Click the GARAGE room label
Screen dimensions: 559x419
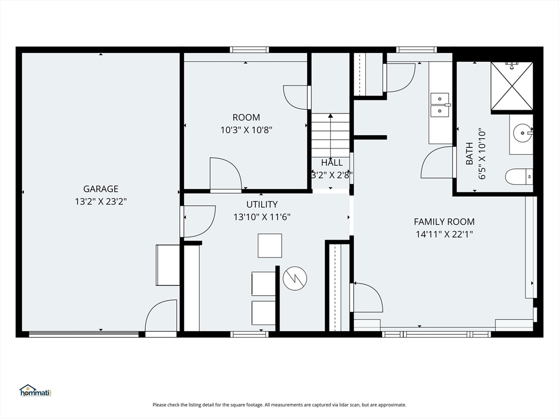pyautogui.click(x=100, y=189)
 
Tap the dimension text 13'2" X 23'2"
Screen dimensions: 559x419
pyautogui.click(x=101, y=202)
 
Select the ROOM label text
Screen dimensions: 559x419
pyautogui.click(x=246, y=117)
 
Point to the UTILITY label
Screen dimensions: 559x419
pyautogui.click(x=262, y=204)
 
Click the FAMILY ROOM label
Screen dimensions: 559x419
pyautogui.click(x=444, y=222)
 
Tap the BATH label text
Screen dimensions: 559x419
pyautogui.click(x=469, y=153)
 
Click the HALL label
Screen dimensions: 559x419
pyautogui.click(x=332, y=163)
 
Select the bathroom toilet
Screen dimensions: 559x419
pyautogui.click(x=519, y=177)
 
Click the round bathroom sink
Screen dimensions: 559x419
pyautogui.click(x=523, y=133)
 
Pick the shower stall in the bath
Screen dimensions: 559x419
pyautogui.click(x=512, y=86)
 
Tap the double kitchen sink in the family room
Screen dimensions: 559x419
pyautogui.click(x=441, y=105)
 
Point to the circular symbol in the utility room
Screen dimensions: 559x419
pyautogui.click(x=295, y=278)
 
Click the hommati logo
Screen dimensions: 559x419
pyautogui.click(x=35, y=391)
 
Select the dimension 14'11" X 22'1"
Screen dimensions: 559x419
pyautogui.click(x=444, y=235)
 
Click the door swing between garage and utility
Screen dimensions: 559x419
pyautogui.click(x=198, y=222)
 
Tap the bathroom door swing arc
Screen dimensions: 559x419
pyautogui.click(x=437, y=162)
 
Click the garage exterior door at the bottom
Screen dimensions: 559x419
pyautogui.click(x=161, y=317)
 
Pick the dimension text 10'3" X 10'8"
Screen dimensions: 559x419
pyautogui.click(x=246, y=130)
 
